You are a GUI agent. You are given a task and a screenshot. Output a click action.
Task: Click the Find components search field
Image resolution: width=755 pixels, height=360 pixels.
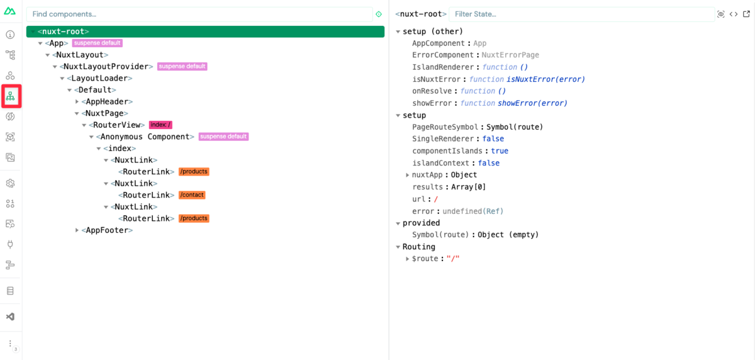coord(199,14)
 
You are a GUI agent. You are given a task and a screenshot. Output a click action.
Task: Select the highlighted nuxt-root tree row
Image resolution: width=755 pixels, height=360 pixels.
coord(205,31)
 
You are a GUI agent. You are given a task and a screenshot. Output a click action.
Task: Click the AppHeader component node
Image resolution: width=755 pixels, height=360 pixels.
coord(107,101)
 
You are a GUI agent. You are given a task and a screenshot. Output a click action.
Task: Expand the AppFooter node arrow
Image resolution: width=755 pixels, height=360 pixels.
coord(77,230)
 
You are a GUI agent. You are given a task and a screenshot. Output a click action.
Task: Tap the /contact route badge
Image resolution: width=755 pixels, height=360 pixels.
coord(192,195)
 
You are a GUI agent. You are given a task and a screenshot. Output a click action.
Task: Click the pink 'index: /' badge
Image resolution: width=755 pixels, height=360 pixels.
coord(160,125)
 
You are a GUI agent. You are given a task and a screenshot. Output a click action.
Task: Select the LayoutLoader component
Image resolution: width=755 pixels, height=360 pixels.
coord(99,78)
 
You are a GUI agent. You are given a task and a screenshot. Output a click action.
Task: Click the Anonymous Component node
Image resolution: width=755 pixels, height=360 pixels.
coord(145,137)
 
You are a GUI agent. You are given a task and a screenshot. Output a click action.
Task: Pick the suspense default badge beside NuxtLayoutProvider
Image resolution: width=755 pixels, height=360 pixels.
coord(182,67)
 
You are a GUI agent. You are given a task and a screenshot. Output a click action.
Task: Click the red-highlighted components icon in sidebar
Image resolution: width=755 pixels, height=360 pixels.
coord(11,96)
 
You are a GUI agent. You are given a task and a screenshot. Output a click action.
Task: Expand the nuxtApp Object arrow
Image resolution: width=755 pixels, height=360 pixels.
coord(407,175)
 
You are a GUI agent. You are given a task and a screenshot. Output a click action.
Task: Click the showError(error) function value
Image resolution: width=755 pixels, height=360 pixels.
coord(532,103)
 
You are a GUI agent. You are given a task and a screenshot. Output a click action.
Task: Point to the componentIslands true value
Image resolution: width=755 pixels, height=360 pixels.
coord(500,151)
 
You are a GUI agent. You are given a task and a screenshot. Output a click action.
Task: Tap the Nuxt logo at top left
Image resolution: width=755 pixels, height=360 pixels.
coord(10,11)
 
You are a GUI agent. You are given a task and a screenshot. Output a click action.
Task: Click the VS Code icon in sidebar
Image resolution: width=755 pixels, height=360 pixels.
coord(11,317)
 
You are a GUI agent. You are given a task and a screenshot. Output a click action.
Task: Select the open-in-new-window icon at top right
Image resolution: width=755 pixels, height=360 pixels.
coord(746,14)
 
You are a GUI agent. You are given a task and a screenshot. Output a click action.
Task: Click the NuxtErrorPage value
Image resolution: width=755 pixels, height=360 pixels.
coord(510,55)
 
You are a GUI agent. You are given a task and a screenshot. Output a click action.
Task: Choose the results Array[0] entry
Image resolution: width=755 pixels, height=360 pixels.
coord(449,187)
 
